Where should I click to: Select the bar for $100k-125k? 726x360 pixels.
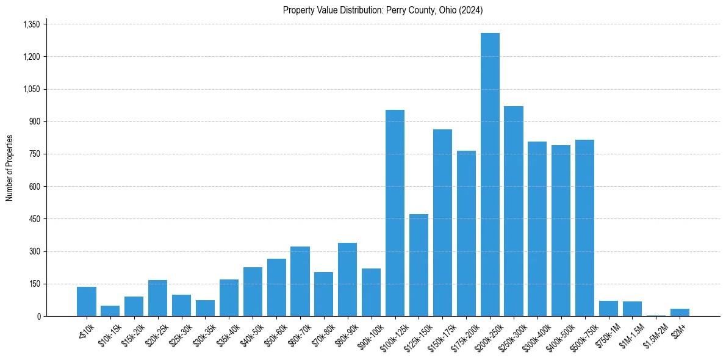pyautogui.click(x=395, y=213)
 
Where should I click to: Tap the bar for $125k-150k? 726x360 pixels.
pyautogui.click(x=419, y=265)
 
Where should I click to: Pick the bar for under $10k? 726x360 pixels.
pyautogui.click(x=87, y=301)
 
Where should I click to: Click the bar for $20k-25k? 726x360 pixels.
pyautogui.click(x=157, y=298)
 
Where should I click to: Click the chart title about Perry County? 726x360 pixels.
pyautogui.click(x=383, y=10)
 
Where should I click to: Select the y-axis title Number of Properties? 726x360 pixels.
pyautogui.click(x=10, y=168)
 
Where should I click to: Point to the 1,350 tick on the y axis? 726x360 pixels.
pyautogui.click(x=31, y=24)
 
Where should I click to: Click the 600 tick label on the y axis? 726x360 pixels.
pyautogui.click(x=35, y=187)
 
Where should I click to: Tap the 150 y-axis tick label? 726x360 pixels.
pyautogui.click(x=35, y=284)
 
